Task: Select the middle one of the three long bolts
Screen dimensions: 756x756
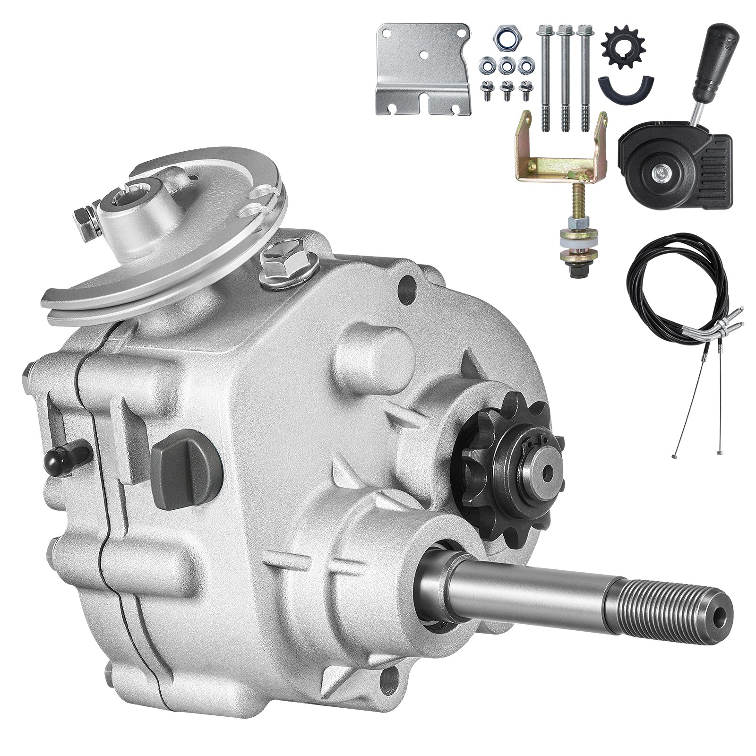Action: pyautogui.click(x=564, y=76)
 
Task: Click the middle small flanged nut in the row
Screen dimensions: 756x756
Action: pyautogui.click(x=507, y=65)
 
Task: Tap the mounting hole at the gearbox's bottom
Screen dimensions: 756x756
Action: pyautogui.click(x=388, y=680)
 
